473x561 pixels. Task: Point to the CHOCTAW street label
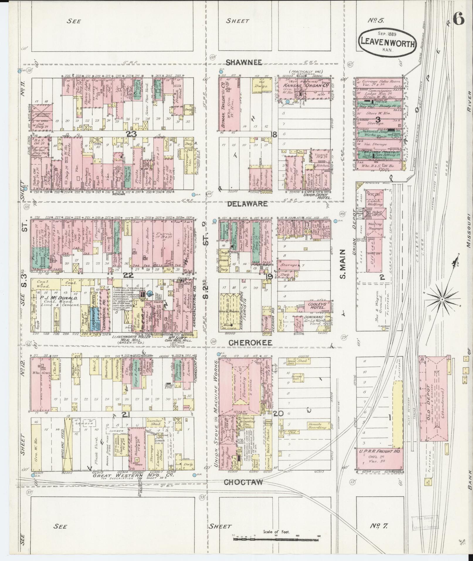pos(243,482)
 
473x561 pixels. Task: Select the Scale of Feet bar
pos(276,539)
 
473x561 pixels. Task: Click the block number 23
pos(132,133)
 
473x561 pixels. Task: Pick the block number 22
pos(128,275)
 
